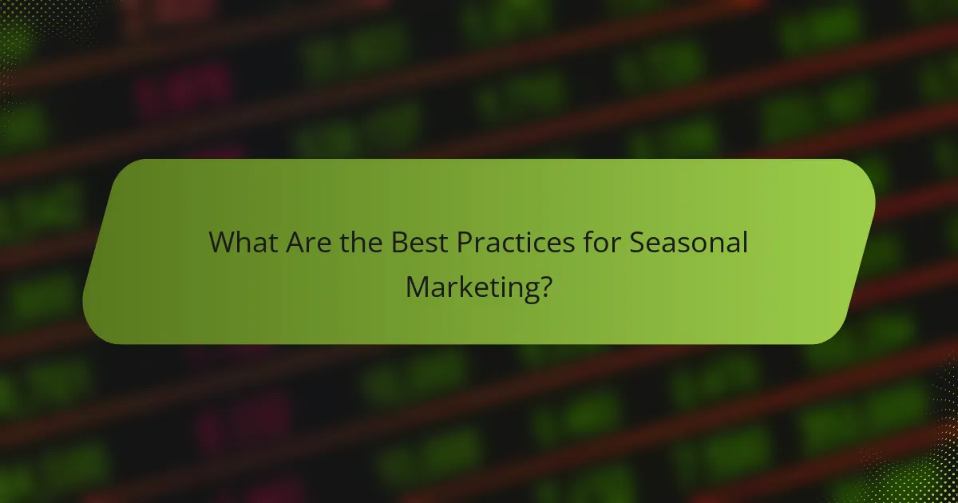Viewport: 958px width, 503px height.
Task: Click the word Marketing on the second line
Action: click(x=469, y=286)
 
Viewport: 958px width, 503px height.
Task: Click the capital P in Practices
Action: click(x=465, y=243)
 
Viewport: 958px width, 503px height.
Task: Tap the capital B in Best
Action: click(x=399, y=243)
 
